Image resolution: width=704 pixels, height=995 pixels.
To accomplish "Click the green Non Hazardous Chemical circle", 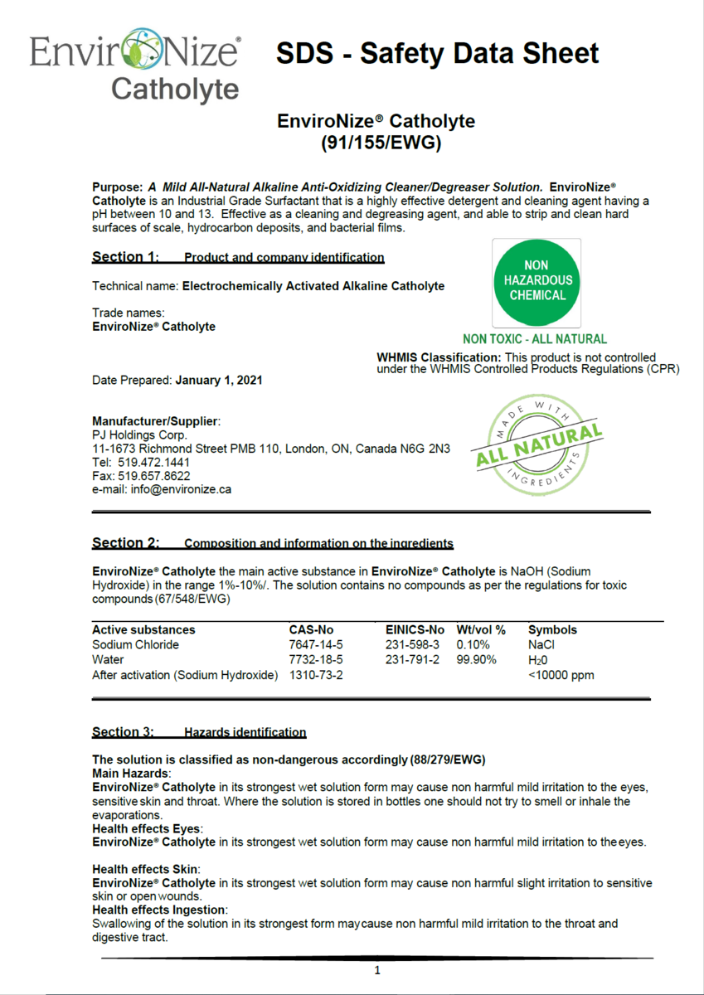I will pyautogui.click(x=536, y=283).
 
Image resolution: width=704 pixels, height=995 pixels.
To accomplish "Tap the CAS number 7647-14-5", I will pyautogui.click(x=316, y=644).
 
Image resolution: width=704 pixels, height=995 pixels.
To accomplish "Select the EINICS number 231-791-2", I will pyautogui.click(x=412, y=660).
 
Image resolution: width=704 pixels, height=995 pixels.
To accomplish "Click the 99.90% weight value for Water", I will pyautogui.click(x=477, y=660).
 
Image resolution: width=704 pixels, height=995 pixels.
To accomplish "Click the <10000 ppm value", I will pyautogui.click(x=561, y=675).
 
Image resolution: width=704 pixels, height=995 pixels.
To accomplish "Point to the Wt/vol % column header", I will pyautogui.click(x=481, y=629).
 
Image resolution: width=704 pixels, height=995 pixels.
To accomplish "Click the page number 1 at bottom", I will pyautogui.click(x=377, y=970).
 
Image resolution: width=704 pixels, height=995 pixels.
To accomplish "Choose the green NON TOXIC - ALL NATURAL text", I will pyautogui.click(x=535, y=339).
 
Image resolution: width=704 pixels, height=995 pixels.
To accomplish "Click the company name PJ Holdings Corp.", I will pyautogui.click(x=139, y=434).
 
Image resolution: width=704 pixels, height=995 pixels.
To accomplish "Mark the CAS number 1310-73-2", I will pyautogui.click(x=316, y=675).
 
